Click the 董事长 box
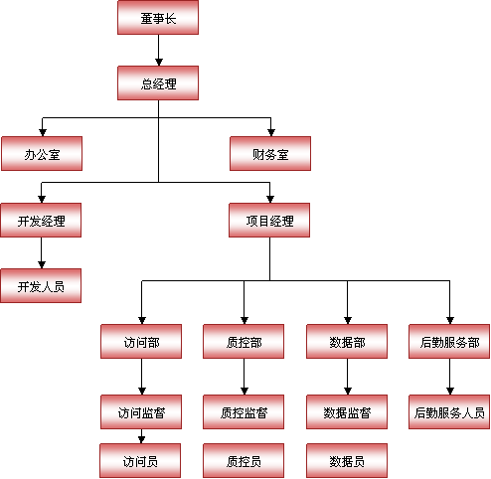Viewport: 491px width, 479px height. pos(158,17)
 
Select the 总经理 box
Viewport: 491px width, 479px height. pos(158,82)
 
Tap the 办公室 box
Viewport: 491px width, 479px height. pos(42,153)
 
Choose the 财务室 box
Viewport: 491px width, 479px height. pos(270,153)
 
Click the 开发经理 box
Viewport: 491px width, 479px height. pos(41,220)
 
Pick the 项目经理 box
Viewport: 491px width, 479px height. pos(269,220)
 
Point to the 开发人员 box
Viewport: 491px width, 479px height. pos(41,285)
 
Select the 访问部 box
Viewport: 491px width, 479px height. pos(141,341)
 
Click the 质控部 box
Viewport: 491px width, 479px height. pos(244,341)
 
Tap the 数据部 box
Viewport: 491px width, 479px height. pos(347,341)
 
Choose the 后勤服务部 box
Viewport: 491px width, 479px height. pos(449,341)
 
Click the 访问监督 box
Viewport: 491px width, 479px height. pos(141,411)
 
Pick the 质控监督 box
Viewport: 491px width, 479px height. pos(244,411)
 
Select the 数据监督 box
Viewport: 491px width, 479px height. pos(347,411)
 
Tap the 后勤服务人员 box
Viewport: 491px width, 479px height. pos(449,411)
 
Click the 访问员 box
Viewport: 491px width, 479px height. pos(140,460)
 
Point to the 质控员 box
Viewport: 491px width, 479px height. pos(244,460)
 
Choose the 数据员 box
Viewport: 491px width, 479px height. pos(347,460)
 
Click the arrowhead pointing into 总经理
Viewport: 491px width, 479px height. pos(159,62)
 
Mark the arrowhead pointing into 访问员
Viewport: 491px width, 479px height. pos(141,440)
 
